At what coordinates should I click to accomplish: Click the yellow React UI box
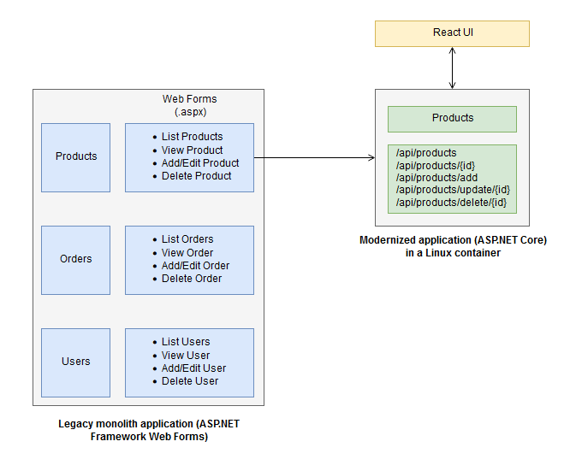click(452, 33)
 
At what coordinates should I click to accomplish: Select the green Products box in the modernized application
click(452, 118)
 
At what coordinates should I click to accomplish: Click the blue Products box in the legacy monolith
click(76, 156)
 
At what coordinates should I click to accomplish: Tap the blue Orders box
click(76, 259)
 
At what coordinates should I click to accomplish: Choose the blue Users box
click(76, 362)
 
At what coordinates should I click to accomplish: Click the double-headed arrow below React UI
click(452, 68)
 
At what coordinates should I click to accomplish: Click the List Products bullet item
click(192, 137)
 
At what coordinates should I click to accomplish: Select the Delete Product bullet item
click(196, 176)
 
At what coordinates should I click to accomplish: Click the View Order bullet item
click(187, 252)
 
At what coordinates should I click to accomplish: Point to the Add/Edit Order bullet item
click(195, 266)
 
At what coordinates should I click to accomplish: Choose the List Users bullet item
click(186, 342)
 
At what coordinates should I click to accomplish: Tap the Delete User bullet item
click(190, 381)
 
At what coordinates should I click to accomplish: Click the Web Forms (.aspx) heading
click(189, 105)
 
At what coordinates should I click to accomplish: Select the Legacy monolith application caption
click(149, 430)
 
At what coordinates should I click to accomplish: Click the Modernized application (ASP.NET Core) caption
click(453, 246)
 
